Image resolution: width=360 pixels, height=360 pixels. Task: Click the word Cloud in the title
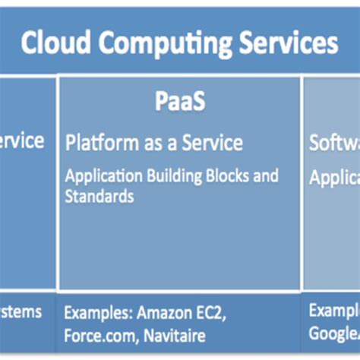(52, 43)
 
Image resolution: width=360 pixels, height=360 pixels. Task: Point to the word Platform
(102, 143)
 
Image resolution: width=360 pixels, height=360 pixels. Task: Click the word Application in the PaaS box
(101, 177)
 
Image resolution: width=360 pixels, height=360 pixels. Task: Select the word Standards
(99, 196)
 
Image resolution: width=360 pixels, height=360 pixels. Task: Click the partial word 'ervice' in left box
(21, 141)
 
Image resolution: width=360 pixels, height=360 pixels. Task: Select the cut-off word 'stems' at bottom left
(21, 311)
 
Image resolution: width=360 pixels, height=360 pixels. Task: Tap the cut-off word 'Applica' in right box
(334, 178)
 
